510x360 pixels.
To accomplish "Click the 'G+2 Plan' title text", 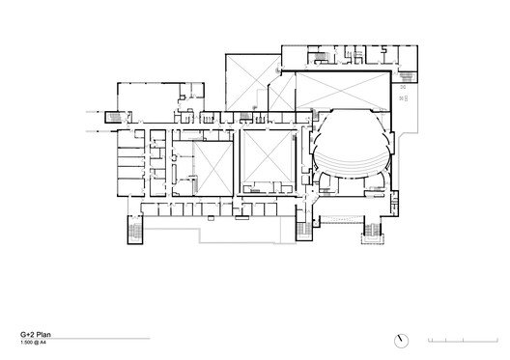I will tap(38, 329).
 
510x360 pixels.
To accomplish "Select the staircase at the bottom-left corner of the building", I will tap(133, 232).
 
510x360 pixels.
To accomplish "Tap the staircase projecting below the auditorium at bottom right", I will tap(369, 233).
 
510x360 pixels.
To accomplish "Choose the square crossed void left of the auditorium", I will tap(266, 159).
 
